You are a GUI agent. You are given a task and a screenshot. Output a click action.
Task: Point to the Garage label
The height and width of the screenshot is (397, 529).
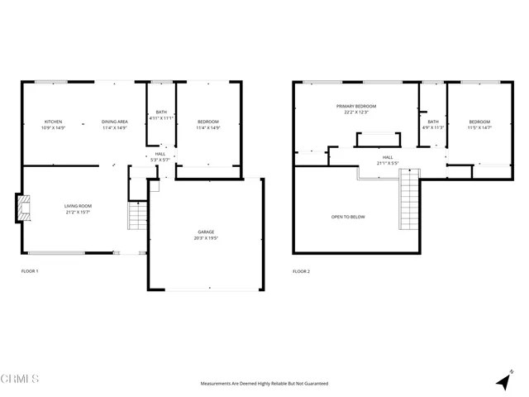207,232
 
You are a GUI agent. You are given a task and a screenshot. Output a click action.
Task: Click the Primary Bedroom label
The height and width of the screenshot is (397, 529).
356,107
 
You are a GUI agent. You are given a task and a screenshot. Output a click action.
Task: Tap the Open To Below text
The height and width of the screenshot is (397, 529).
348,217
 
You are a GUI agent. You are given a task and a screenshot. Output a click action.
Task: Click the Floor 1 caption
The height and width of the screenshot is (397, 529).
30,271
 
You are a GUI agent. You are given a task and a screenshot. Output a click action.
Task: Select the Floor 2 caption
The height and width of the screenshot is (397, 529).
301,271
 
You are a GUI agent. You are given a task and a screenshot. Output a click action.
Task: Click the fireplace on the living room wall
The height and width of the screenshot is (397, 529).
22,208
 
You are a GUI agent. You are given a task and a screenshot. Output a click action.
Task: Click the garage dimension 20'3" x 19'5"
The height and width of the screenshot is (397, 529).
207,238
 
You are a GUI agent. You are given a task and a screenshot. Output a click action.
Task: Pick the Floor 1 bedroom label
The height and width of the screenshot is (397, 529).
207,122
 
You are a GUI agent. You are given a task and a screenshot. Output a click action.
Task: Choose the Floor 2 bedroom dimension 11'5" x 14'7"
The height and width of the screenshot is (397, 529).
479,128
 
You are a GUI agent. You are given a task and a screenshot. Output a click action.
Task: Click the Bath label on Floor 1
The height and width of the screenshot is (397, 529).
161,113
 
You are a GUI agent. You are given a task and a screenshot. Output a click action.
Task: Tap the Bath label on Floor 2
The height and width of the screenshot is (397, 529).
433,122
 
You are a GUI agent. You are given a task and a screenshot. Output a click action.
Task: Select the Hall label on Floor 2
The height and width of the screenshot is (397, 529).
388,157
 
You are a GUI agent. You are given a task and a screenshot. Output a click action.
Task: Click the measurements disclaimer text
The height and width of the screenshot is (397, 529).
264,384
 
